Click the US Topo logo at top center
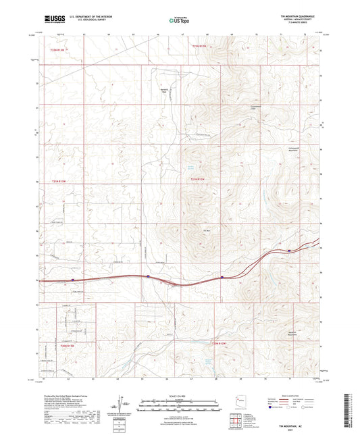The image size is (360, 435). [180, 20]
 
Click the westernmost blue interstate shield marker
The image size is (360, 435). [73, 277]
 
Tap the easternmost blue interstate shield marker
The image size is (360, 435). [289, 250]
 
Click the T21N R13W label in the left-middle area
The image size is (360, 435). [59, 181]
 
